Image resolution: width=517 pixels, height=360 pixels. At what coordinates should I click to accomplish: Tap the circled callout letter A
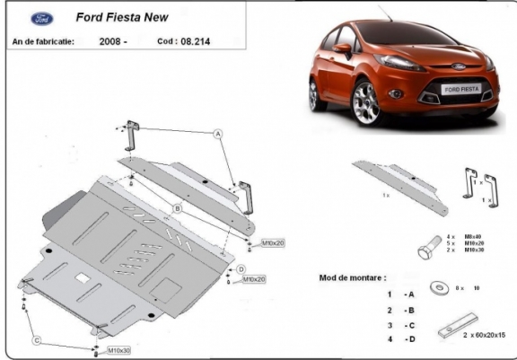click(x=217, y=134)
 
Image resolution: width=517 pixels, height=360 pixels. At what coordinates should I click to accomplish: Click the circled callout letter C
click(x=38, y=339)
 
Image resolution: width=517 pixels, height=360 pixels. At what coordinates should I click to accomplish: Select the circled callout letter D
click(x=241, y=268)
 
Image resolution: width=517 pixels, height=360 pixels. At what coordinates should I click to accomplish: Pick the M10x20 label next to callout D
click(x=256, y=279)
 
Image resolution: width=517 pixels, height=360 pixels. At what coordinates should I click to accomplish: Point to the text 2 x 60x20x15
click(x=484, y=334)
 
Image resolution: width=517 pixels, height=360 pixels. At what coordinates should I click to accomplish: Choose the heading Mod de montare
click(x=353, y=277)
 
